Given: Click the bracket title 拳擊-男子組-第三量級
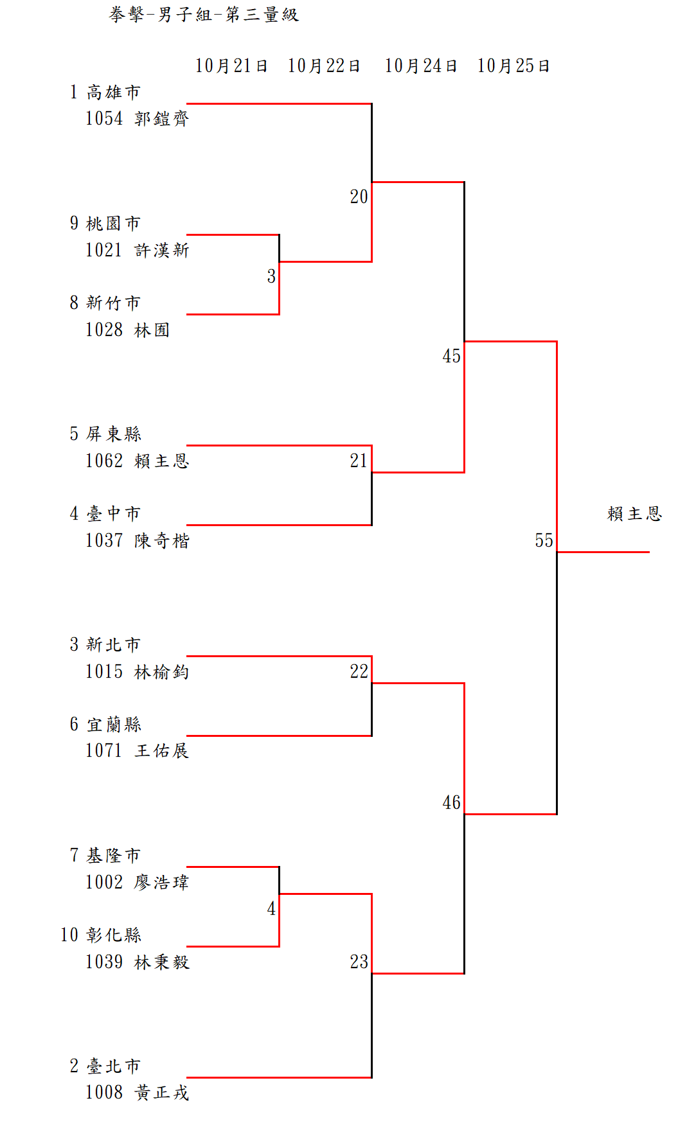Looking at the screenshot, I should [204, 15].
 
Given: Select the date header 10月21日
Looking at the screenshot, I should [231, 66].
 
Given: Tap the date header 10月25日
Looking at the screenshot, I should [513, 66].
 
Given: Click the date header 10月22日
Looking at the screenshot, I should [324, 66].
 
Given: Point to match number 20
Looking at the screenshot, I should [359, 197].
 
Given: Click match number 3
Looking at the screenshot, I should [271, 276].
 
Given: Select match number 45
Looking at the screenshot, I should [451, 356].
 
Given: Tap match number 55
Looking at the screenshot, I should [544, 540].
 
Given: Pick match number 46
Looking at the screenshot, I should [451, 802].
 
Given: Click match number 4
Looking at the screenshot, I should [271, 908].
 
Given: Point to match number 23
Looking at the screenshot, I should [359, 962].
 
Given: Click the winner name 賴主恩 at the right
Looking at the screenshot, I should [634, 514].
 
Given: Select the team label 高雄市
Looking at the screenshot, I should [114, 93].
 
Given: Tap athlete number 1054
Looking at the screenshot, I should [104, 119].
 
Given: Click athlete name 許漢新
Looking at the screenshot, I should [162, 251].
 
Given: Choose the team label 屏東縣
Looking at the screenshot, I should [114, 434].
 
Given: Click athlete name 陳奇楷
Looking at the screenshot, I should [162, 541].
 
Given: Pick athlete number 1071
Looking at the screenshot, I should [104, 750].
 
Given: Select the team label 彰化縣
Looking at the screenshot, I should [114, 935].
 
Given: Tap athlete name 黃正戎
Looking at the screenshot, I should [162, 1093].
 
